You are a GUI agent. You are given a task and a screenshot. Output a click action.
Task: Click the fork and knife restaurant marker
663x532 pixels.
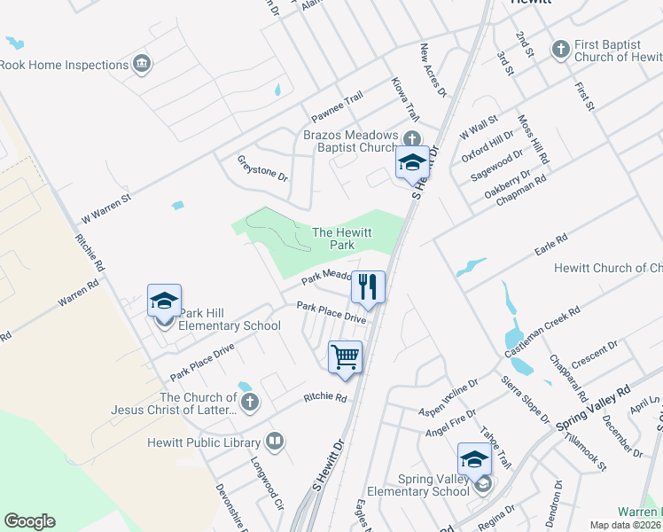(x=368, y=287)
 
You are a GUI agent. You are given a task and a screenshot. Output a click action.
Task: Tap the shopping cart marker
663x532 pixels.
(x=345, y=357)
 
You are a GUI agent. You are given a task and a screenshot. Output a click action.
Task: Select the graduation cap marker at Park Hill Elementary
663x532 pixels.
(x=164, y=301)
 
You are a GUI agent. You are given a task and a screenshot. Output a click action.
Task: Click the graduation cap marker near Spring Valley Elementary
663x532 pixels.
(x=474, y=460)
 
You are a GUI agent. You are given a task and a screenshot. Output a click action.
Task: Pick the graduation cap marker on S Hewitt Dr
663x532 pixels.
(x=411, y=163)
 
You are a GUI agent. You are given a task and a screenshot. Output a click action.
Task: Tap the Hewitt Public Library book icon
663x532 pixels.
(x=275, y=442)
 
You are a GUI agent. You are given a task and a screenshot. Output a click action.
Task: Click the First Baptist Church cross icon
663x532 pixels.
(x=560, y=50)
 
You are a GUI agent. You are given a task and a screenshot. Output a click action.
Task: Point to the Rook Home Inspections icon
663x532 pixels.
(x=142, y=64)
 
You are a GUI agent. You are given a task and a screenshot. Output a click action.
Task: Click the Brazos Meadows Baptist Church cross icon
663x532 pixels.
(x=411, y=140)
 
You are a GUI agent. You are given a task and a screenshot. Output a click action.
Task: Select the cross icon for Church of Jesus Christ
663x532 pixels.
(x=250, y=403)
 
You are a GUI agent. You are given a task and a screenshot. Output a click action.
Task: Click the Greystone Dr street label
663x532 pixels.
(x=263, y=168)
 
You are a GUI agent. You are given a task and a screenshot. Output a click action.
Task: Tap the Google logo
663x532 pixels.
(x=29, y=521)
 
